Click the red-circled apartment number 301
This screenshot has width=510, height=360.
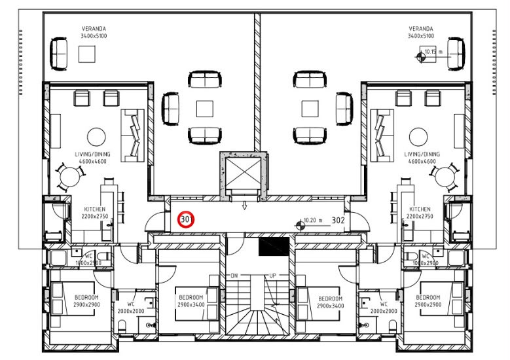click(186, 219)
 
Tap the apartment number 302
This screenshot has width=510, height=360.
click(338, 221)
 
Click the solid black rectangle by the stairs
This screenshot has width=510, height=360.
click(274, 246)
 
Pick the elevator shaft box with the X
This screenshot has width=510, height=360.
click(244, 174)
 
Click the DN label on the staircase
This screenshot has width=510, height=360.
click(234, 276)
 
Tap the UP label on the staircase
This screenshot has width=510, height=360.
click(272, 276)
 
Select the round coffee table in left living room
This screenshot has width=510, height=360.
click(96, 137)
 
